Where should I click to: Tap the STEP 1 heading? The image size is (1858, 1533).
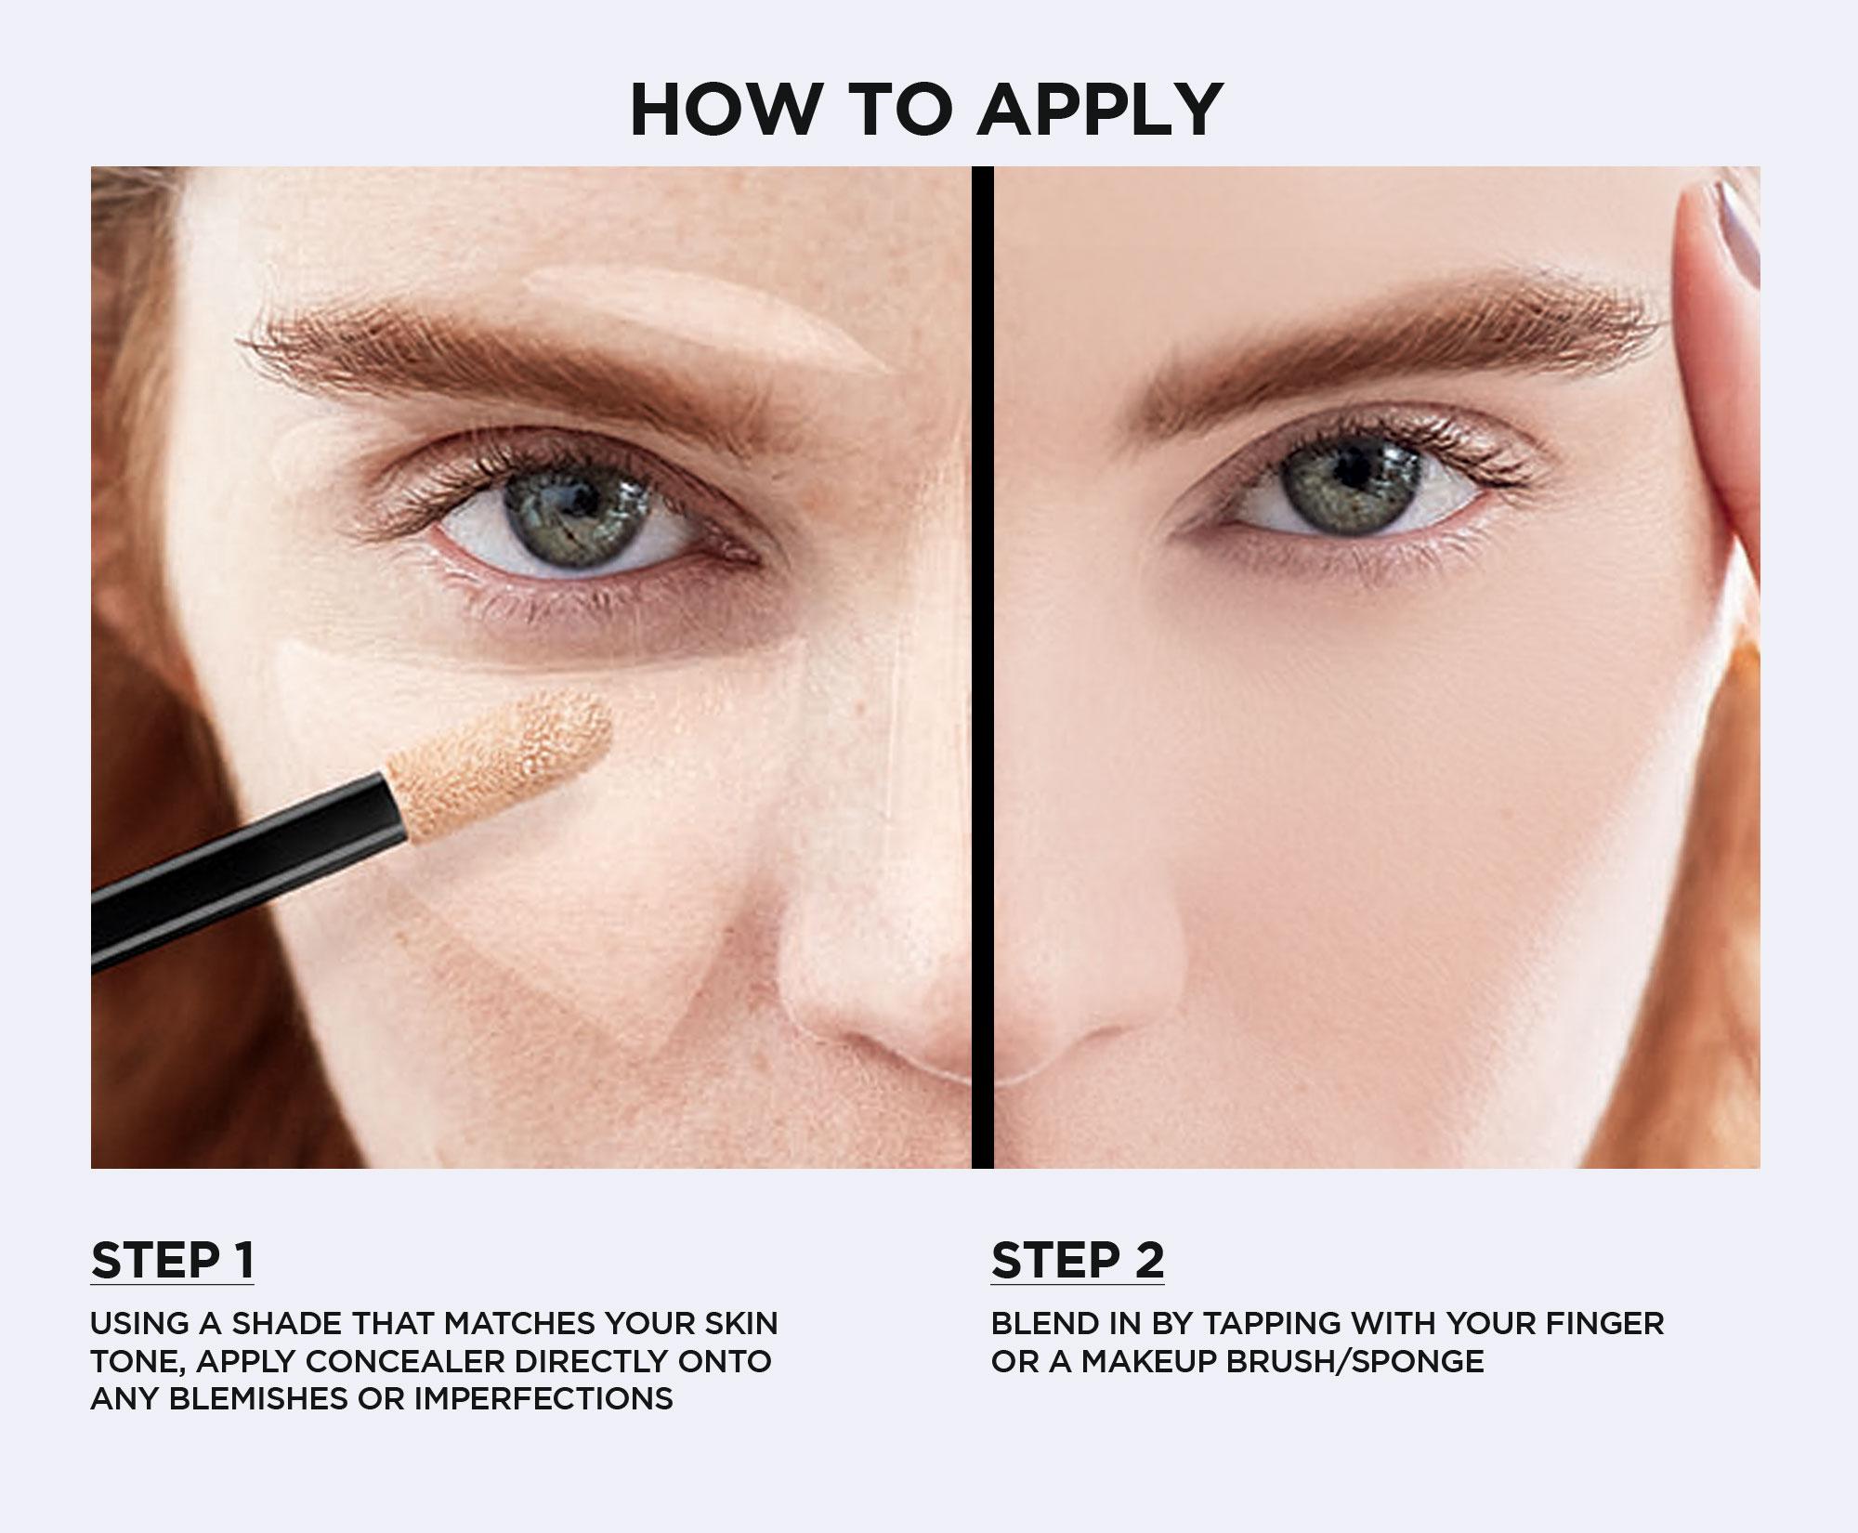(x=172, y=1260)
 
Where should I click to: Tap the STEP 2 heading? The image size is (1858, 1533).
(x=1078, y=1260)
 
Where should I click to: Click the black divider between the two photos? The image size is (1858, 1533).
(x=982, y=667)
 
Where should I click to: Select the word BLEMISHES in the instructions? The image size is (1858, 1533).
(x=261, y=1398)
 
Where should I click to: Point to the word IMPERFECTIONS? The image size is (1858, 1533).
(x=543, y=1398)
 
